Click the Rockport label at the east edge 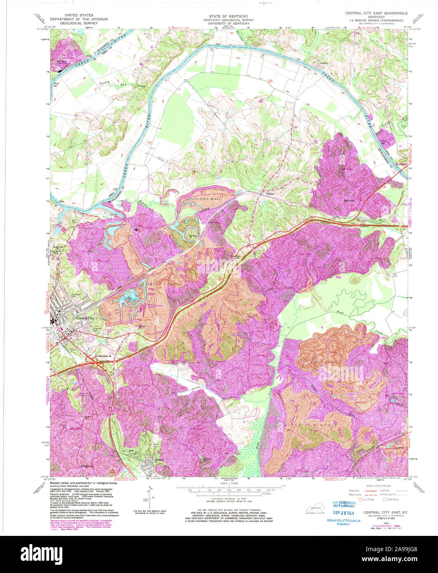(401, 164)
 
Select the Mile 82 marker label (56, 86)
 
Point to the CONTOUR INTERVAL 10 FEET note (219, 499)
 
